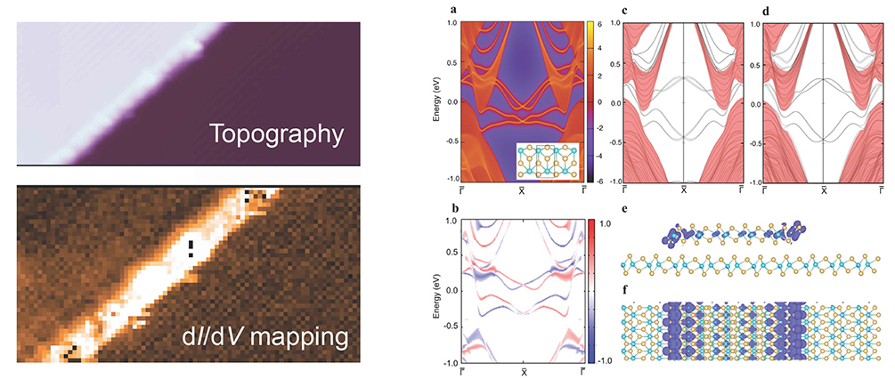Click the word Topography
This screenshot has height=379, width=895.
pos(276,135)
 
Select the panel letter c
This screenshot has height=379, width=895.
pos(626,10)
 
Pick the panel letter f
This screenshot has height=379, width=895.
pos(627,290)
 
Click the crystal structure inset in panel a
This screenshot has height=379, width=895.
pos(548,161)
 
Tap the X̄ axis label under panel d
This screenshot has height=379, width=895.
pos(825,189)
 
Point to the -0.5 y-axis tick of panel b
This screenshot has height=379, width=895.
pos(451,327)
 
